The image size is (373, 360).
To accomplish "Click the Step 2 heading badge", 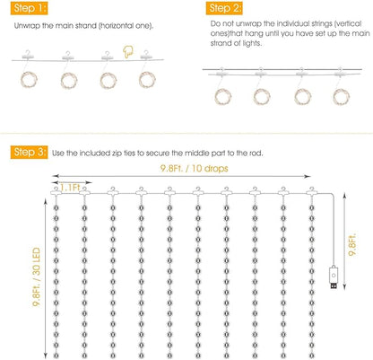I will [x=217, y=7].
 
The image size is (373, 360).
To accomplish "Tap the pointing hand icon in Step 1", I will [x=132, y=54].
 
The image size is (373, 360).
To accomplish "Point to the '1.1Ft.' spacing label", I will [x=71, y=187].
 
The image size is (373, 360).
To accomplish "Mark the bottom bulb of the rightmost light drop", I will [x=310, y=352].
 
